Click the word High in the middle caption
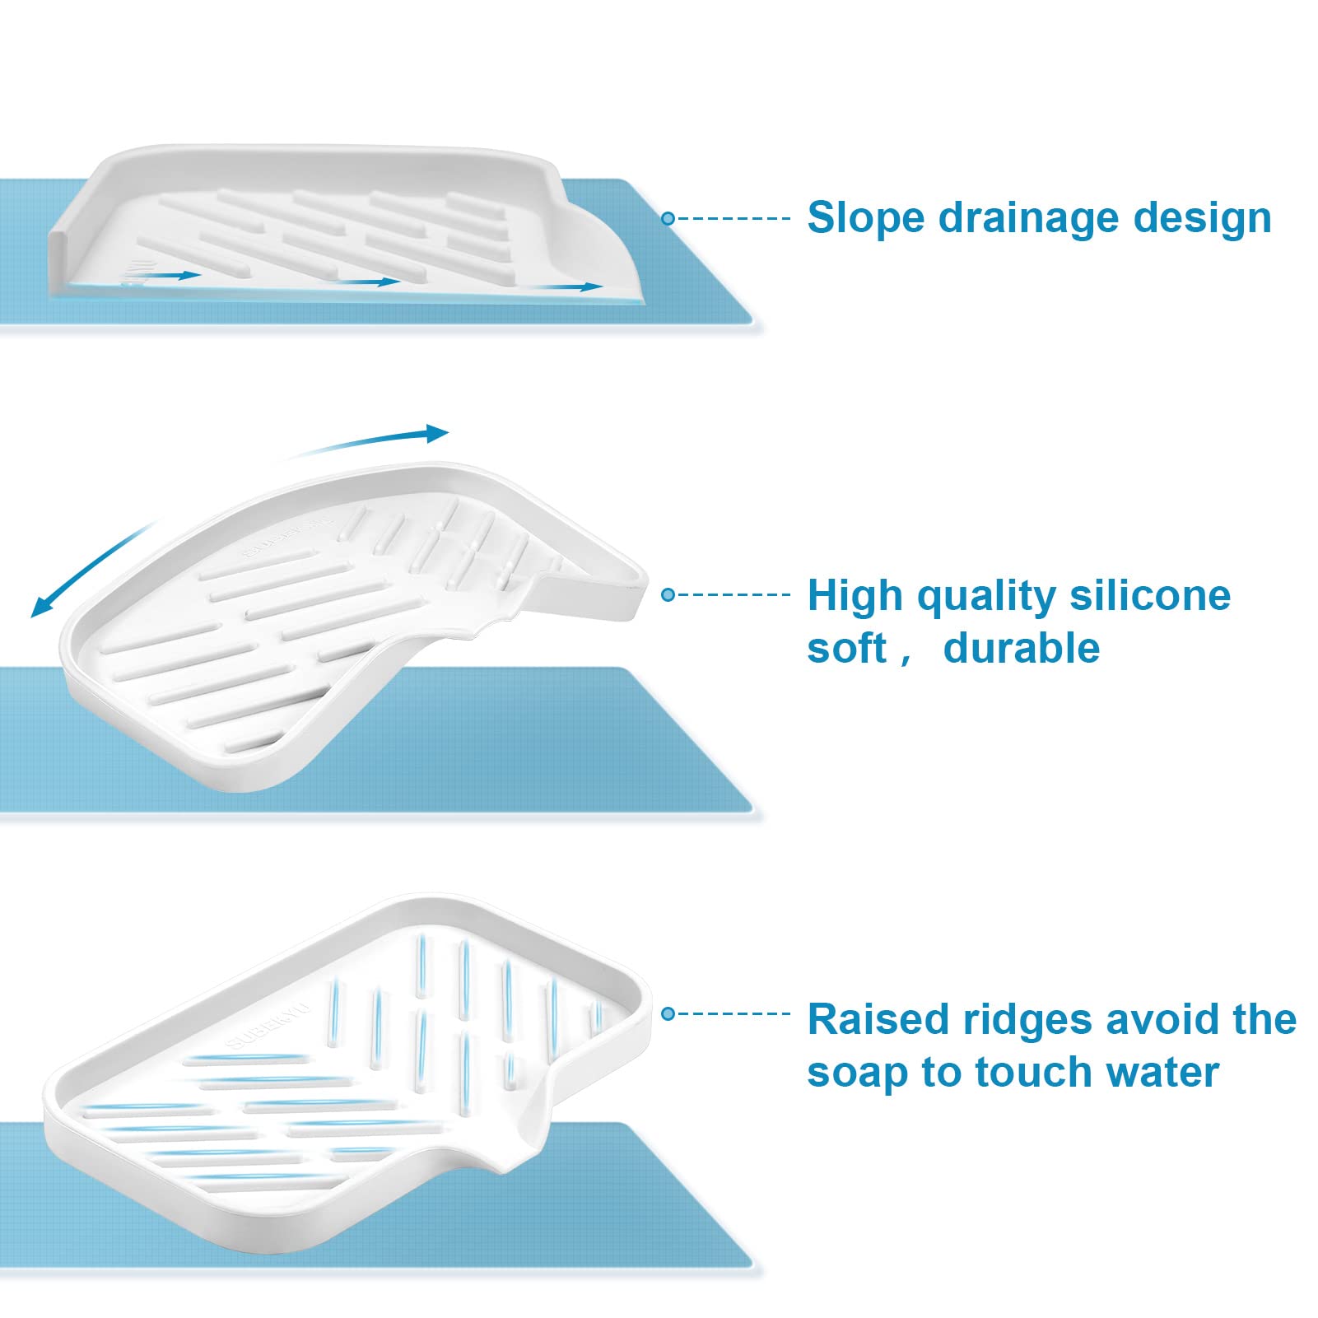(x=855, y=596)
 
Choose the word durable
(x=1021, y=648)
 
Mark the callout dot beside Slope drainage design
(x=668, y=218)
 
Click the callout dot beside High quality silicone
(x=668, y=594)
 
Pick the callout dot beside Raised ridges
(x=668, y=1013)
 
